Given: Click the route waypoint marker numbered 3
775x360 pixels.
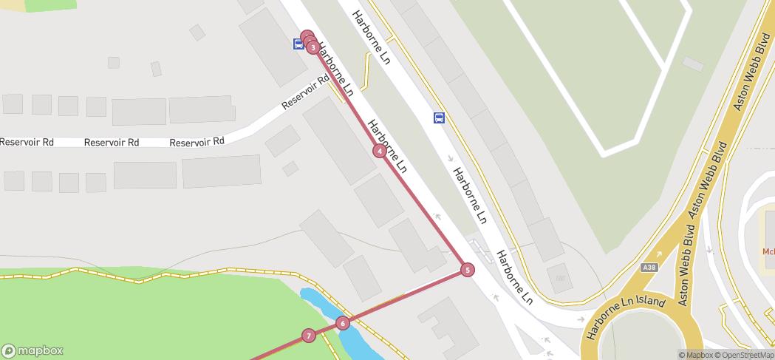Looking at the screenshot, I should click(x=313, y=48).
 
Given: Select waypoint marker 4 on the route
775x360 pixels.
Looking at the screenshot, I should click(x=379, y=151).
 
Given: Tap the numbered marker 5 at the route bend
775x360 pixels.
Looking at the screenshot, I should click(x=468, y=270).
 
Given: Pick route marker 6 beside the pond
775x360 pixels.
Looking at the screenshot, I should click(x=342, y=323).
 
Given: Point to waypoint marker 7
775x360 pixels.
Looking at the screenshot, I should click(x=309, y=336).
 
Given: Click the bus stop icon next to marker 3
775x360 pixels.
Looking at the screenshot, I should click(x=298, y=44).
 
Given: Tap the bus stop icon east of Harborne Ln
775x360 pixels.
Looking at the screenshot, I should click(x=439, y=118).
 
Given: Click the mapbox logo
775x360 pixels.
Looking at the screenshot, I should click(x=33, y=351).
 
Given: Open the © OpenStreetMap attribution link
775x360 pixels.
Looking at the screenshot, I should click(x=745, y=355).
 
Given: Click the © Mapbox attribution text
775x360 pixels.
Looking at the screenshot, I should click(x=696, y=355).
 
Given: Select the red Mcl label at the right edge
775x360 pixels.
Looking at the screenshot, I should click(x=768, y=251).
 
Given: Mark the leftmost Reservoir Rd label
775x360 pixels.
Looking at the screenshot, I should click(x=27, y=142).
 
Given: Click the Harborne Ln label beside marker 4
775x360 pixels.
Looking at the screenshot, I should click(x=389, y=146).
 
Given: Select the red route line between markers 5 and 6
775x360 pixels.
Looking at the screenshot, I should click(x=405, y=296).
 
